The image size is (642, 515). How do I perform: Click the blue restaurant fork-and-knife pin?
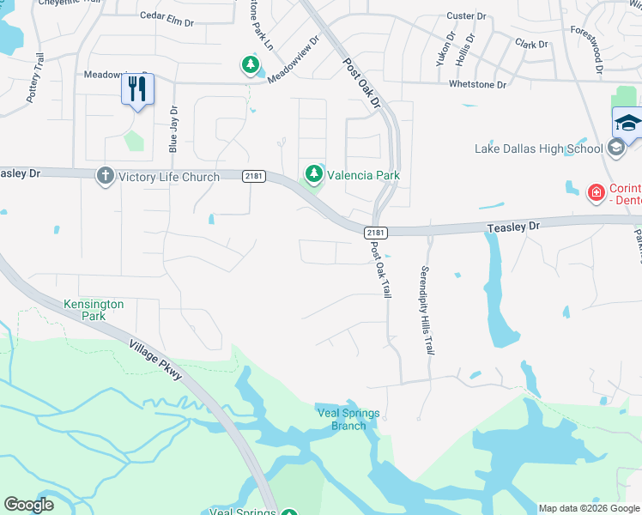[x=137, y=89]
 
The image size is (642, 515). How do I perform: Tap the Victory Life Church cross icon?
[x=106, y=176]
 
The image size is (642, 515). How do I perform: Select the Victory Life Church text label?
[x=169, y=177]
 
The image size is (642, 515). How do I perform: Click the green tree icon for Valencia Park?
[x=314, y=175]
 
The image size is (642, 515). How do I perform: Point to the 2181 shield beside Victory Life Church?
[x=252, y=177]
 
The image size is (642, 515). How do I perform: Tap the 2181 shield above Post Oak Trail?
[x=375, y=233]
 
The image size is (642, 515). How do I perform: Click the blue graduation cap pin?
[x=627, y=123]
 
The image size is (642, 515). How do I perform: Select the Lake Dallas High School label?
[x=539, y=149]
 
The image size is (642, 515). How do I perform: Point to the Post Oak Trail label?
[x=380, y=270]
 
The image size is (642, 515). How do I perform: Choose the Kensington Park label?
[x=94, y=310]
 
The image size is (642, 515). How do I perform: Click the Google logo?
[x=28, y=505]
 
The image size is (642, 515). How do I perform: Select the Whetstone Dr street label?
[x=477, y=84]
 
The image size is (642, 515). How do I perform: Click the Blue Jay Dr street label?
[x=173, y=129]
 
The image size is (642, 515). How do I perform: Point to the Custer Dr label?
[x=467, y=16]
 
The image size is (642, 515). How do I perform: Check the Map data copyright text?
[x=588, y=508]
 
